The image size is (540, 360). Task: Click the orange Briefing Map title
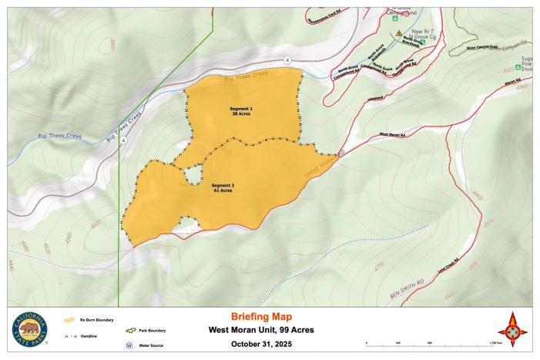pyautogui.click(x=261, y=316)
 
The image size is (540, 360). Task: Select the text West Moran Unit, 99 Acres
pyautogui.click(x=261, y=330)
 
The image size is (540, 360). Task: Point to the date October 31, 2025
pyautogui.click(x=261, y=344)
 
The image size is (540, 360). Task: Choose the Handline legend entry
pyautogui.click(x=86, y=336)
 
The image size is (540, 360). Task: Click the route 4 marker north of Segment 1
pyautogui.click(x=287, y=59)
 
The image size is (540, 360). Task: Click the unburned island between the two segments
pyautogui.click(x=190, y=176)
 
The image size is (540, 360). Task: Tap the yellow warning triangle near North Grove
pyautogui.click(x=398, y=34)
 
